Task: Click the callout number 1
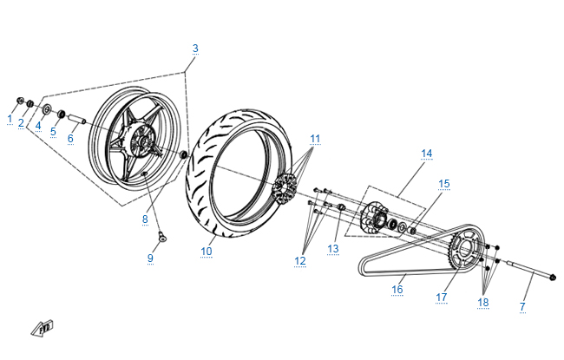pyautogui.click(x=10, y=118)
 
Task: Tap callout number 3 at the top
pyautogui.click(x=195, y=48)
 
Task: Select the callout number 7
pyautogui.click(x=522, y=306)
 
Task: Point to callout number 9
pyautogui.click(x=150, y=258)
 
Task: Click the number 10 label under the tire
pyautogui.click(x=207, y=252)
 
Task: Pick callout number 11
pyautogui.click(x=315, y=138)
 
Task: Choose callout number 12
pyautogui.click(x=300, y=259)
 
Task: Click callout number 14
pyautogui.click(x=426, y=154)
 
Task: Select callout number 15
pyautogui.click(x=444, y=183)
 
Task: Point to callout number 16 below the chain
pyautogui.click(x=397, y=290)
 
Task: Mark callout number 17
pyautogui.click(x=442, y=297)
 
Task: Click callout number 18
pyautogui.click(x=483, y=302)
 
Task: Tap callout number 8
pyautogui.click(x=146, y=219)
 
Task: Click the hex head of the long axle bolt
pyautogui.click(x=554, y=278)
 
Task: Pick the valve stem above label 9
pyautogui.click(x=161, y=235)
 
